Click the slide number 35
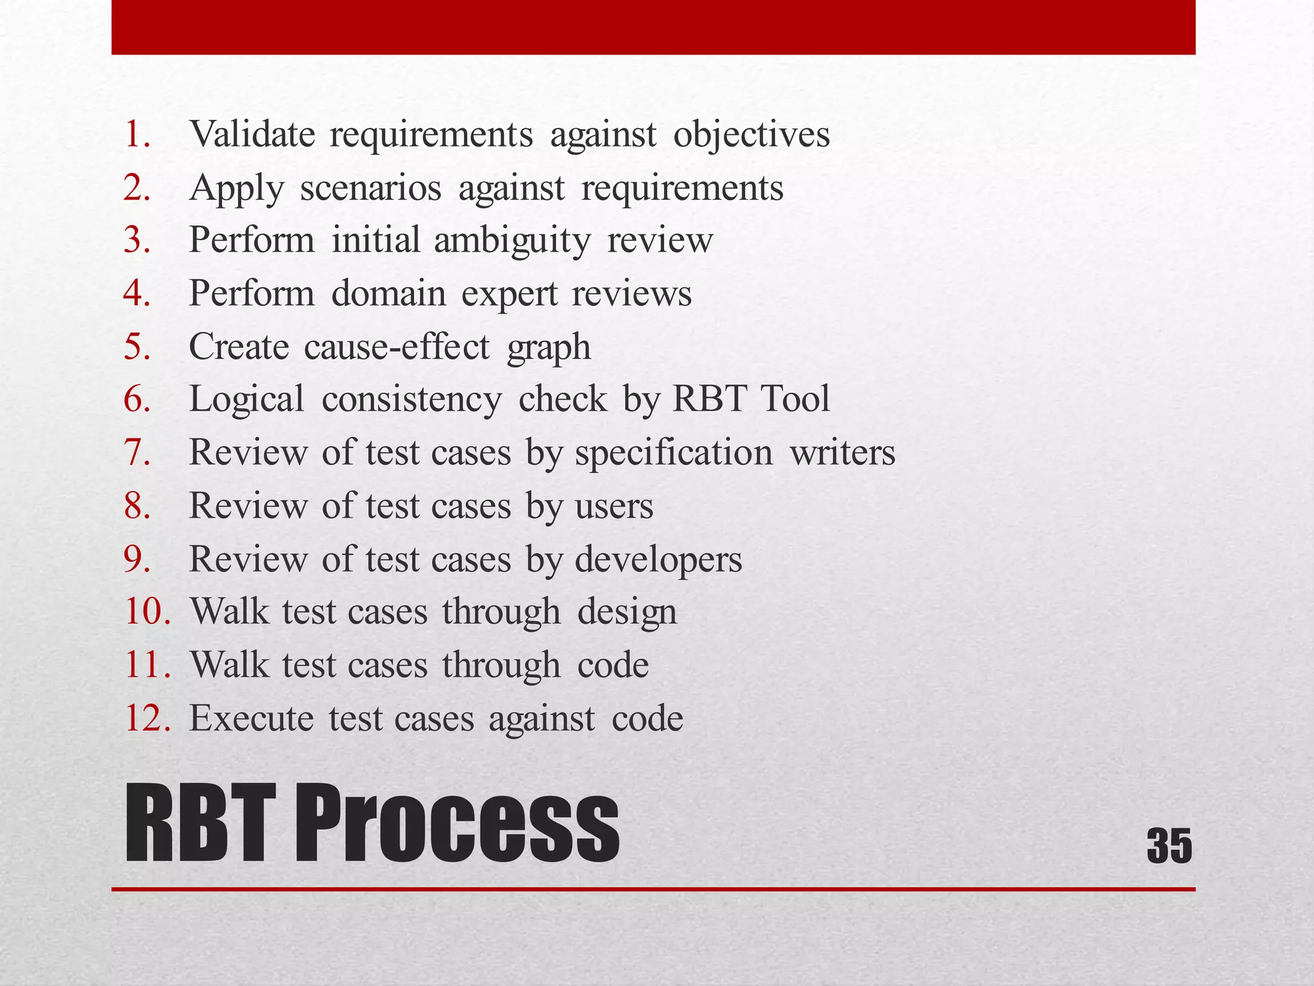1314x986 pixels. coord(1169,846)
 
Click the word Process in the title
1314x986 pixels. coord(456,824)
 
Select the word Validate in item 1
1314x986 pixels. coord(252,134)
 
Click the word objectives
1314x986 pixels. coord(751,135)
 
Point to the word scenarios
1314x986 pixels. coord(371,188)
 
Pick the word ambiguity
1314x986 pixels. coord(512,241)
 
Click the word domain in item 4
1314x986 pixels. coord(388,293)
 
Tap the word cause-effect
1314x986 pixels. coord(397,347)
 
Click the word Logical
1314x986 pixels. coord(246,399)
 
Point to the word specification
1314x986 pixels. coord(674,453)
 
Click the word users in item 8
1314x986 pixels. coord(614,506)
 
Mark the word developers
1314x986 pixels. coord(658,560)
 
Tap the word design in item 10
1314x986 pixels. coord(627,612)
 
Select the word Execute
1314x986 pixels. coord(252,718)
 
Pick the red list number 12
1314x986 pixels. coord(148,718)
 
